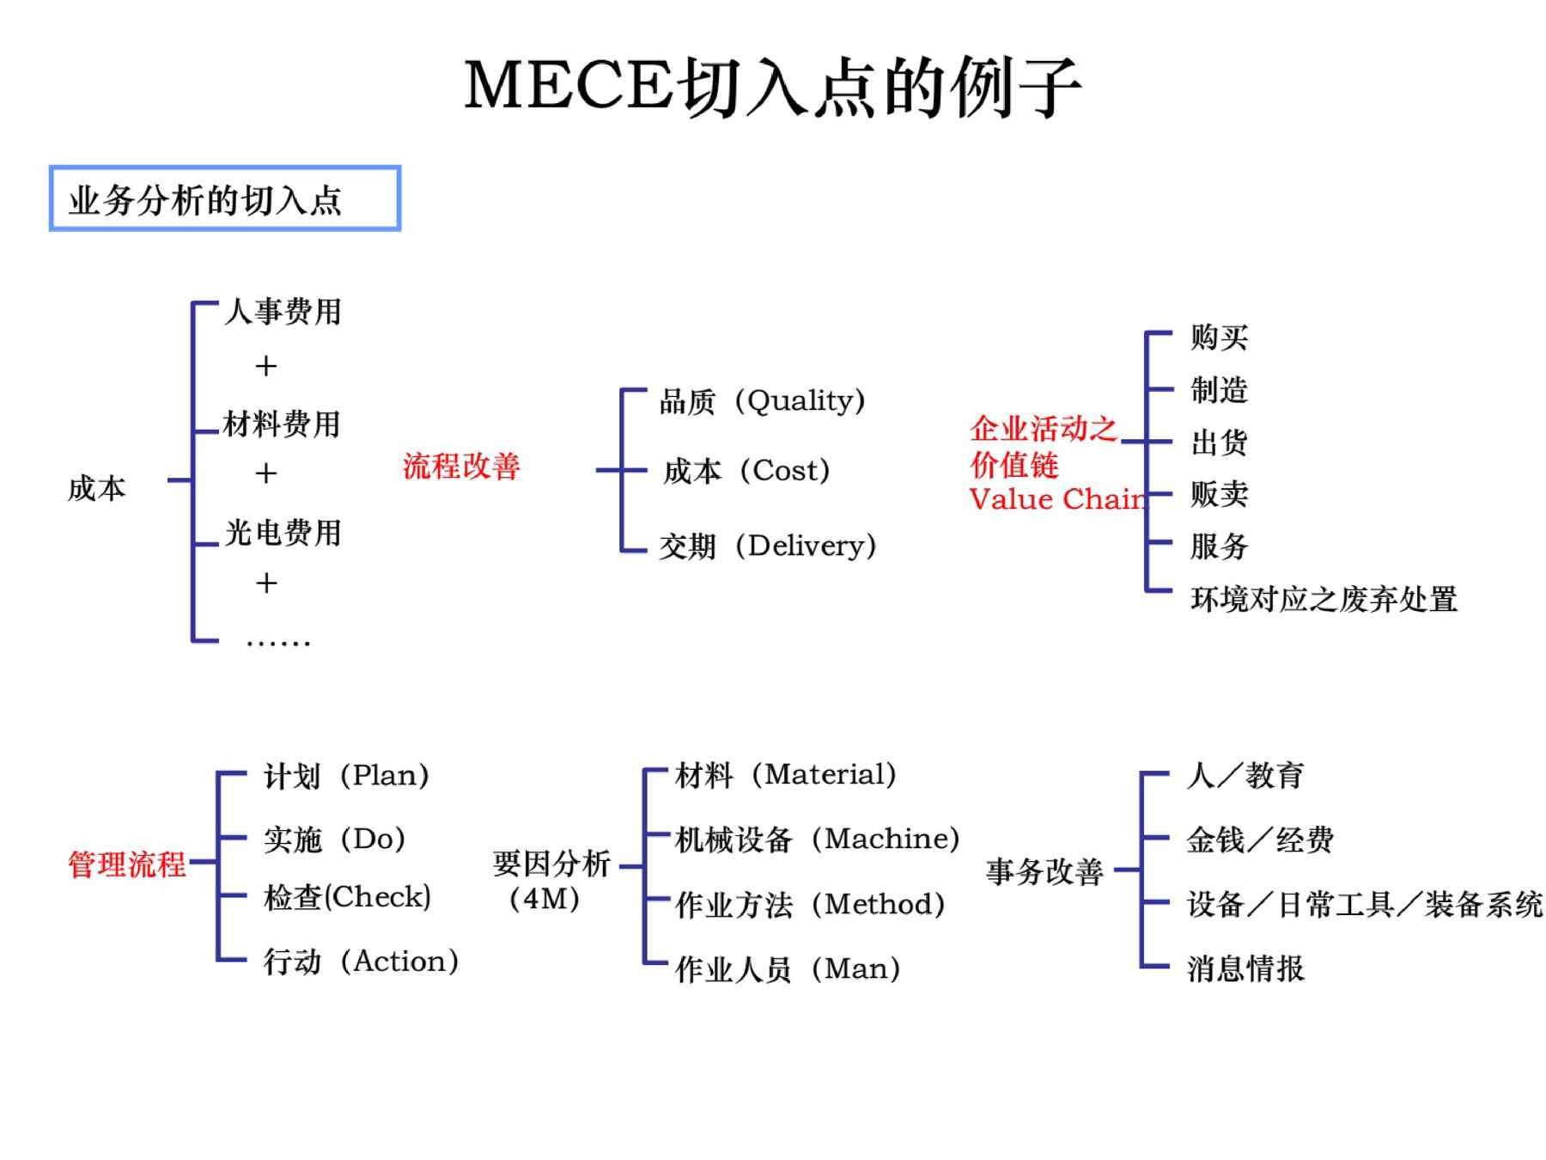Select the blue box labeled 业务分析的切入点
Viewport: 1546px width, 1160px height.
(x=225, y=198)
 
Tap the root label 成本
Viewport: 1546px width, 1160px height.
(x=97, y=488)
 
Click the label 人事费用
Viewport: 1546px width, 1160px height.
(x=283, y=311)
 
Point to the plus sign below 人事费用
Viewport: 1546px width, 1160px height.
(x=266, y=366)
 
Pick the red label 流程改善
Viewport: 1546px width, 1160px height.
(x=461, y=466)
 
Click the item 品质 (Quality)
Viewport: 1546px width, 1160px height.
(x=763, y=400)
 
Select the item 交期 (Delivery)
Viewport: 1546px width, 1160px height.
(x=768, y=546)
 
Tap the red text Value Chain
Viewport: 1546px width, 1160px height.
(x=1058, y=498)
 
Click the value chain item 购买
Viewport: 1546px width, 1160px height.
(x=1219, y=337)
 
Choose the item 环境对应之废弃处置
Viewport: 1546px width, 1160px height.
(x=1324, y=599)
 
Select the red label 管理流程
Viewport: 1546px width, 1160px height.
(x=127, y=864)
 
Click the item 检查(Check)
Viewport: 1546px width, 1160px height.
(x=348, y=897)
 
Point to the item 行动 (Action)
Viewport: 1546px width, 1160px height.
(x=361, y=961)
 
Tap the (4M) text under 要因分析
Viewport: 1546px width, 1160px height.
(x=545, y=899)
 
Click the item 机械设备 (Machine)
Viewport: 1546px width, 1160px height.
(x=818, y=839)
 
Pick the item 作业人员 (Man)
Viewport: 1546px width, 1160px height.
(x=788, y=968)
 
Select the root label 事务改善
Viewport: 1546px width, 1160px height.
(x=1044, y=871)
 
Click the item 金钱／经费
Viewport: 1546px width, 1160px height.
(x=1260, y=839)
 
